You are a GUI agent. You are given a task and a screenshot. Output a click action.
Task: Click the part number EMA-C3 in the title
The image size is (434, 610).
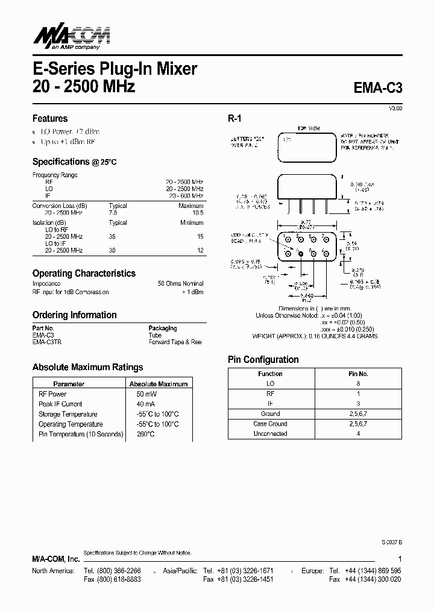[x=377, y=87]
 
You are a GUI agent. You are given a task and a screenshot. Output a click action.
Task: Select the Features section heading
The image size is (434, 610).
[x=49, y=119]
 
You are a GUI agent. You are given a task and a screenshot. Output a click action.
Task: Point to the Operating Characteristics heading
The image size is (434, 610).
[x=84, y=273]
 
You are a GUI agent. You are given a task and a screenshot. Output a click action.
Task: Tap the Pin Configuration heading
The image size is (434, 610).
[x=263, y=360]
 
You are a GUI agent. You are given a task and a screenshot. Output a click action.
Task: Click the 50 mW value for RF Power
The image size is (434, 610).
[x=143, y=394]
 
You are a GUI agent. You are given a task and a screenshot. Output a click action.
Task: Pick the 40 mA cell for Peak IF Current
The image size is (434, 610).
[x=143, y=404]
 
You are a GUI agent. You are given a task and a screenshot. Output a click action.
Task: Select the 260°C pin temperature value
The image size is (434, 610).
[x=145, y=435]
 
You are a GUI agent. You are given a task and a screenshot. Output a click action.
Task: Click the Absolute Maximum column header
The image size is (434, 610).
[x=159, y=384]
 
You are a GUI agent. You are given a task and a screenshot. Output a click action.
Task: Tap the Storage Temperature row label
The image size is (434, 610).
[x=68, y=415]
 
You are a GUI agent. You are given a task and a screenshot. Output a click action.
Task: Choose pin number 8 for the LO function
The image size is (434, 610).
[x=358, y=383]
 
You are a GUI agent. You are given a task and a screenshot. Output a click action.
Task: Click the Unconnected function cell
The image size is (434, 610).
[x=270, y=434]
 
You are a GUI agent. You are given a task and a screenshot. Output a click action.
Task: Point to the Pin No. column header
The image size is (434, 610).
[x=358, y=374]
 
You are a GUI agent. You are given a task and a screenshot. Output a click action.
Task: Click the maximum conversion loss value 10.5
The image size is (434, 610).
[x=198, y=213]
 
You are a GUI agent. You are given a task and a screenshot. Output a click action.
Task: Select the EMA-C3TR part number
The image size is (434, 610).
[x=47, y=342]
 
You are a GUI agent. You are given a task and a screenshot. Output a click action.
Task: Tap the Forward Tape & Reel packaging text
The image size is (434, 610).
[x=175, y=342]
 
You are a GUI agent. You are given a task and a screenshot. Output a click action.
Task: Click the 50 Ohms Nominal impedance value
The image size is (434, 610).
[x=180, y=283]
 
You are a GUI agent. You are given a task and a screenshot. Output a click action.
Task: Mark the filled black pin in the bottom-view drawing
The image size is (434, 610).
[x=301, y=254]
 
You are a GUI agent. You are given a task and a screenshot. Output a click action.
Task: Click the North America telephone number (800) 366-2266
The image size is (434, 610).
[x=113, y=570]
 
